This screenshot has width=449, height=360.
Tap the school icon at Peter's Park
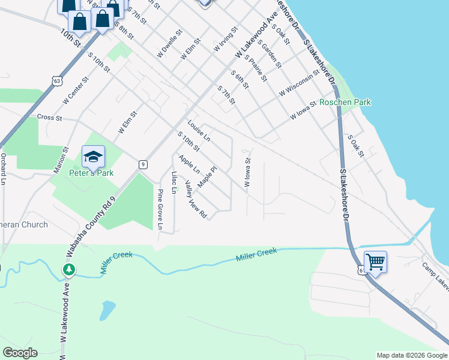[93, 157]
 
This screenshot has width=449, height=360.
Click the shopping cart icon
[375, 262]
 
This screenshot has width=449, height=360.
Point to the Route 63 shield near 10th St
[56, 80]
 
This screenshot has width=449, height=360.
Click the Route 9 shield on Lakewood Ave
[143, 164]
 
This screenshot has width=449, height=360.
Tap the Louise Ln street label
[199, 130]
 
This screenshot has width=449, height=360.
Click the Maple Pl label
[206, 176]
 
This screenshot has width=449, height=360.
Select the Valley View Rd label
[196, 199]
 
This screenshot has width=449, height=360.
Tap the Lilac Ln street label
[174, 182]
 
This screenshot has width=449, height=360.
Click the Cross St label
[50, 118]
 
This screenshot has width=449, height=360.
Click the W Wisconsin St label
[297, 83]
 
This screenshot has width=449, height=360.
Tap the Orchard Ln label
[4, 169]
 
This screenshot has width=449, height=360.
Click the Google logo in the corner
[20, 353]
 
